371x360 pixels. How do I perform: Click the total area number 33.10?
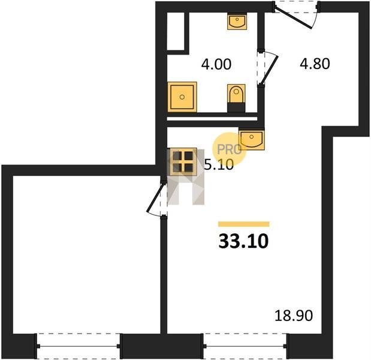pos(243,241)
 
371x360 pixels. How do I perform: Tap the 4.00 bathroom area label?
pos(216,64)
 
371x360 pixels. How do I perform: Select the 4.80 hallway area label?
pos(315,64)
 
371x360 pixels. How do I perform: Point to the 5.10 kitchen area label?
pos(219,164)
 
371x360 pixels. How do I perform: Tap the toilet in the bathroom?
pos(236,98)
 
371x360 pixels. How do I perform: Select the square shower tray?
pos(182,97)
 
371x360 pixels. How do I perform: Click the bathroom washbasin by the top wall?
pos(237,22)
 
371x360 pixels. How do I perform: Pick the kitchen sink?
pos(252,139)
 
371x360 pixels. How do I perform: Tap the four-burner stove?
pos(182,162)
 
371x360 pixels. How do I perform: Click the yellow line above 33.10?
pos(244,224)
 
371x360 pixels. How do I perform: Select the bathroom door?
pos(267,67)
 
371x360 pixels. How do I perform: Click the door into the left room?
pos(156,199)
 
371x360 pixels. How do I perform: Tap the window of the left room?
pos(79,346)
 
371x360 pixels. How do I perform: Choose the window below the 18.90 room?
pos(245,346)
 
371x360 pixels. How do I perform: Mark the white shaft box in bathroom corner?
pos(176,31)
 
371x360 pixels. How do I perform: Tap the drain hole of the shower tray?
pos(182,97)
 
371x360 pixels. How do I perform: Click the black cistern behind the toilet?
pos(236,107)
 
